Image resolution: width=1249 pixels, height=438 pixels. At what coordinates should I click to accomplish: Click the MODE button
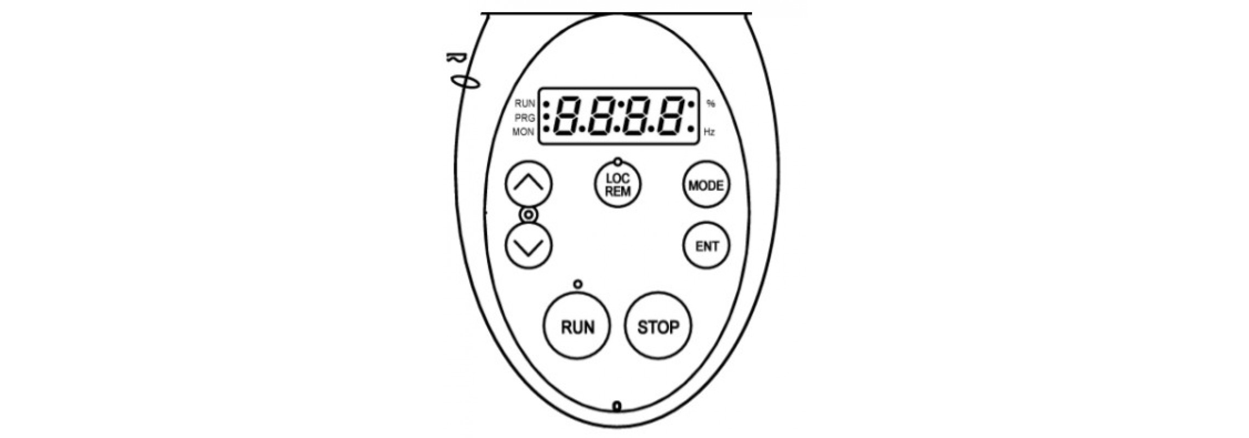click(706, 185)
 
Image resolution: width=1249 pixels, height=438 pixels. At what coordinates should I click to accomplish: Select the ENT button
click(707, 245)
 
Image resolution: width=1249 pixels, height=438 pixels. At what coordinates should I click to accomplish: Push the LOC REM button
click(618, 185)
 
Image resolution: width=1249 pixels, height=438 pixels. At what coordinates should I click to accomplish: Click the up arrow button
click(529, 184)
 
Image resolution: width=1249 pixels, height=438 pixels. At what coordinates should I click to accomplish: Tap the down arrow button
click(529, 245)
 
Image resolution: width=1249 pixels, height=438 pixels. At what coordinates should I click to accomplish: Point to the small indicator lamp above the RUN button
click(578, 284)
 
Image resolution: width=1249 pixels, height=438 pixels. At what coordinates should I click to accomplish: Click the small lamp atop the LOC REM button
click(618, 162)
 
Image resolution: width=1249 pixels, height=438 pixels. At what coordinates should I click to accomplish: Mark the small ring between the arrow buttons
click(529, 215)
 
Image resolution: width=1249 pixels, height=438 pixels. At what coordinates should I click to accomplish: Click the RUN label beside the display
click(525, 103)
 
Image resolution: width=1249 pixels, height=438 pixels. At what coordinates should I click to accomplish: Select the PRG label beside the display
click(525, 118)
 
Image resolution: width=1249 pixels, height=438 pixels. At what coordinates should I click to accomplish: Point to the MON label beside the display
click(523, 132)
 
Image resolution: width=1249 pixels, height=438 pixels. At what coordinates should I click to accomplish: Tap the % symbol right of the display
click(711, 103)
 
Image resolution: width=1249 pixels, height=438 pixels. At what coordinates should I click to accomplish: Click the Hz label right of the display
click(709, 132)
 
